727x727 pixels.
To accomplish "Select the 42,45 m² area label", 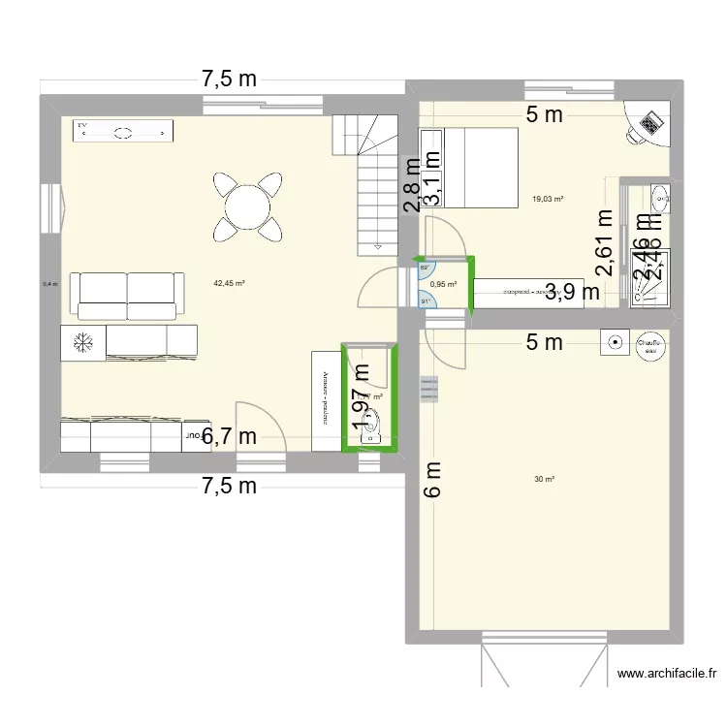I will [229, 284].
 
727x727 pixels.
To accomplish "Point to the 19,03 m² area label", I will [548, 200].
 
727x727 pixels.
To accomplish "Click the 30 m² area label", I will [544, 479].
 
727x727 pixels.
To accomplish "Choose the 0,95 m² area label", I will [443, 285].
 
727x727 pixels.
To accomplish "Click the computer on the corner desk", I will [648, 122].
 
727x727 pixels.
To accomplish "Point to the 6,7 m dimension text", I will [229, 437].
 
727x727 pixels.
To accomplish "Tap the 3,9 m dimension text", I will [572, 290].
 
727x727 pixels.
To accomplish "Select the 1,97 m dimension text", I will [362, 397].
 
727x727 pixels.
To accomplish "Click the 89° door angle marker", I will [425, 269].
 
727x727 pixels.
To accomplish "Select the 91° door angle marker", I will [425, 300].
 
